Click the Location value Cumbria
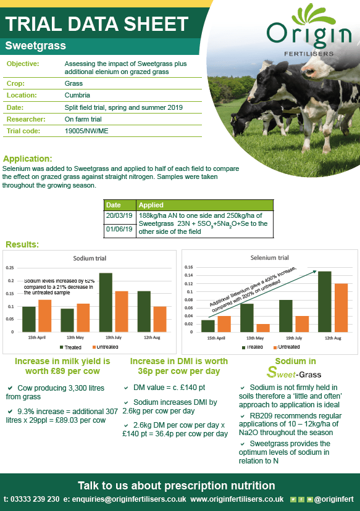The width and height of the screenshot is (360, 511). tap(77, 95)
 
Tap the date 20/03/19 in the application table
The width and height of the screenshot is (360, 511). tap(118, 216)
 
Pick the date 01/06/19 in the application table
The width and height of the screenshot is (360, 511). tap(118, 230)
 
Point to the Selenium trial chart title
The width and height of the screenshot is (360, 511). tap(269, 257)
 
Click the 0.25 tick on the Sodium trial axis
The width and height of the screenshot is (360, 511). tap(9, 268)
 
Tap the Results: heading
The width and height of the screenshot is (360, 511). tap(21, 245)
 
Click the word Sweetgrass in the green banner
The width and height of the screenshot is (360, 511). tap(35, 46)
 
